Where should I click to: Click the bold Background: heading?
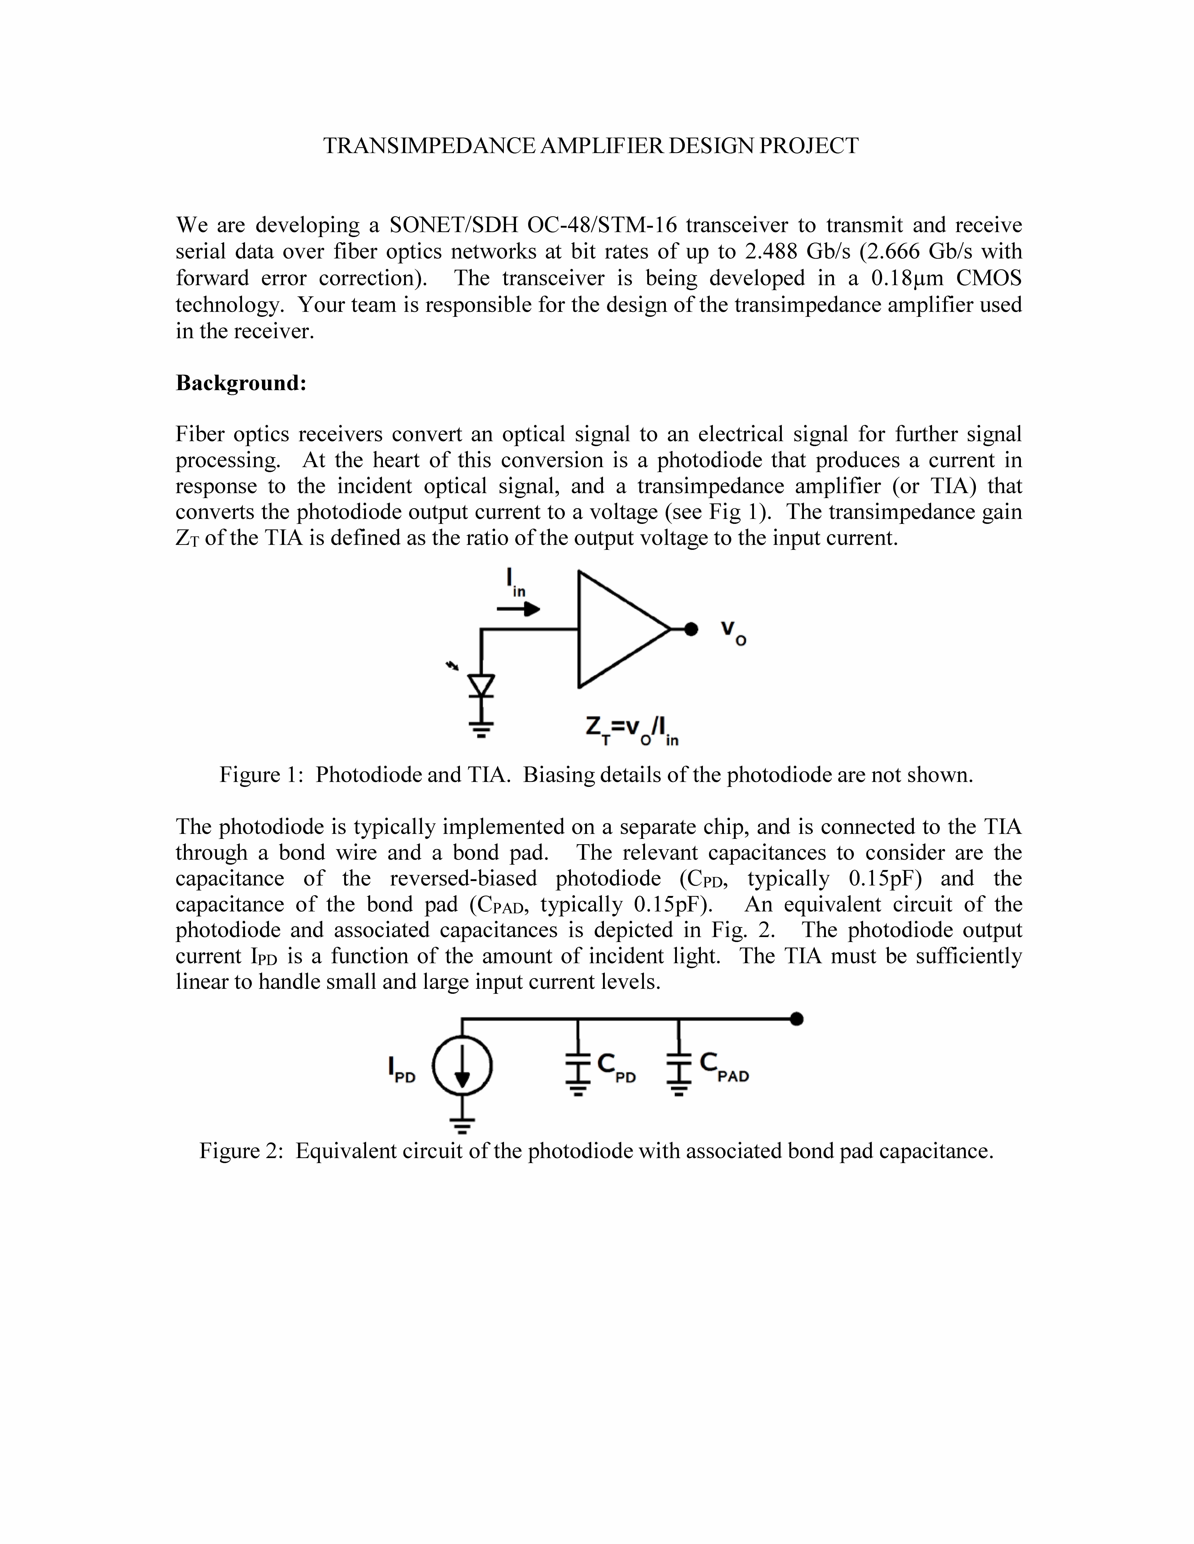[241, 383]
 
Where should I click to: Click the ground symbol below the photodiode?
[482, 728]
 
